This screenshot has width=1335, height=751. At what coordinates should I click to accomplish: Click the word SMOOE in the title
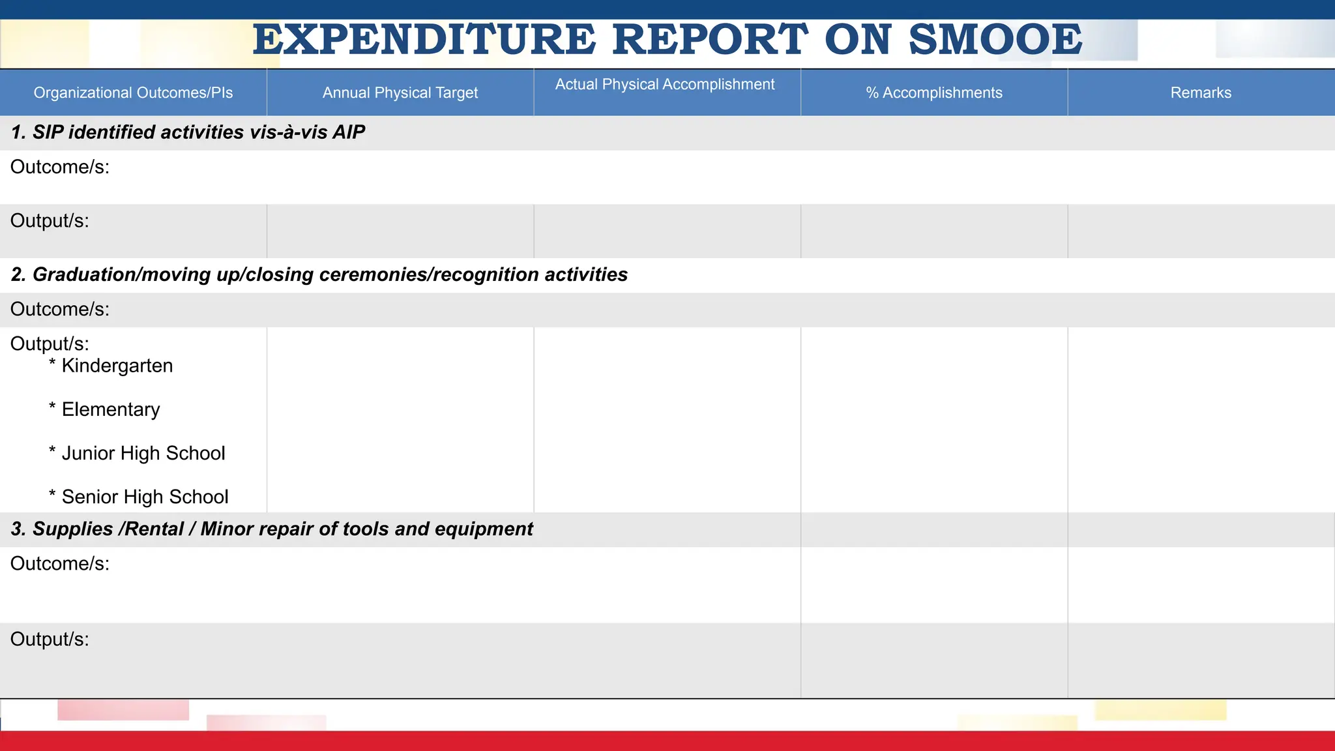[x=995, y=40]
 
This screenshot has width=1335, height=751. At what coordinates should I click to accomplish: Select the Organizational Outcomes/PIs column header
[x=133, y=93]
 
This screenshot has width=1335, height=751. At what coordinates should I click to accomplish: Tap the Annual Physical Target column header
[x=400, y=93]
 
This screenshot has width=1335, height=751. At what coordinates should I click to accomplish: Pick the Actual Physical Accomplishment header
[x=665, y=85]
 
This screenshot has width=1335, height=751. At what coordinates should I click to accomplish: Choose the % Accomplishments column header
[x=933, y=93]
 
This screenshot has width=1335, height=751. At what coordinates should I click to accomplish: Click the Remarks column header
[x=1201, y=93]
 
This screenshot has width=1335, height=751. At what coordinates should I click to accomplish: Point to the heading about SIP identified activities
[x=188, y=132]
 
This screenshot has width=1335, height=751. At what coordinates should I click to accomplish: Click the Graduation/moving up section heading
[x=319, y=274]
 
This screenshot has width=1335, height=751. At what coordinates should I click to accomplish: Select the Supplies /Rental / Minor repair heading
[x=272, y=529]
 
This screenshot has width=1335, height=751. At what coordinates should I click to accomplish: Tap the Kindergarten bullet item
[x=117, y=366]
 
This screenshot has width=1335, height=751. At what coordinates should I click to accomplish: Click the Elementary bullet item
[x=110, y=409]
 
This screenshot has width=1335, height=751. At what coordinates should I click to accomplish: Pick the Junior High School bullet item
[x=143, y=453]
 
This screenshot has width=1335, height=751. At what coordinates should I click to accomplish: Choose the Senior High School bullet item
[x=145, y=497]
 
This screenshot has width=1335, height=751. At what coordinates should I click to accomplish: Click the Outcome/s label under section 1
[x=59, y=167]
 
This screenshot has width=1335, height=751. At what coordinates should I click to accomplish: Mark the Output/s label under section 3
[x=50, y=639]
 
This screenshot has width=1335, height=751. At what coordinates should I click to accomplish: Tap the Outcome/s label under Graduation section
[x=59, y=309]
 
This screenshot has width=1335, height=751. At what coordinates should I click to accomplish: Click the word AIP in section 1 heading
[x=349, y=132]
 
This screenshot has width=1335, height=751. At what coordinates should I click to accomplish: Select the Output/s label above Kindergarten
[x=50, y=344]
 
